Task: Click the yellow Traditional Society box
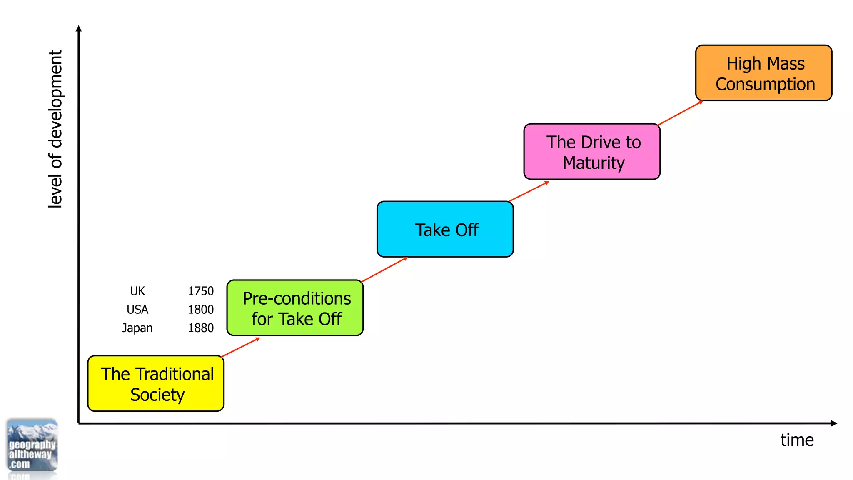pos(156,383)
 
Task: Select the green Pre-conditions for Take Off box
pos(295,308)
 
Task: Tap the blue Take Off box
pos(445,229)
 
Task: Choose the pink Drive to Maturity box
pos(592,152)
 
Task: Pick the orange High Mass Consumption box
pos(763,73)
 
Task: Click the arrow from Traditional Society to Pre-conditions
pos(240,347)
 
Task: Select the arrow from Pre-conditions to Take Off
pos(384,270)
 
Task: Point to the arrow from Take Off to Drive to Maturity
pos(529,191)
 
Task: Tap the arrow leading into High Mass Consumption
pos(680,113)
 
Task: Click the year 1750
pos(200,291)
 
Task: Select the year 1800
pos(200,310)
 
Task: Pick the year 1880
pos(200,328)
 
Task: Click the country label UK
pos(137,291)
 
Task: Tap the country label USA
pos(137,310)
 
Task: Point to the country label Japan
pos(137,328)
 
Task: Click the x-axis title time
pos(797,440)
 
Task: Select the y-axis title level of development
pos(55,128)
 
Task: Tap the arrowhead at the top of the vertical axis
pos(79,28)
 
